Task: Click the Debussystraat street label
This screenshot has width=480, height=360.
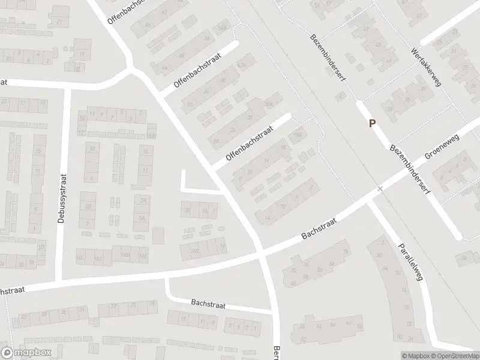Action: pyautogui.click(x=61, y=198)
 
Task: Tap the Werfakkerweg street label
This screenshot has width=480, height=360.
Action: pyautogui.click(x=427, y=67)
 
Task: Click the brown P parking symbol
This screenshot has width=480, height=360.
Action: pyautogui.click(x=373, y=124)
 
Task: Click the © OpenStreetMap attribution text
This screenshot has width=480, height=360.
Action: pyautogui.click(x=454, y=355)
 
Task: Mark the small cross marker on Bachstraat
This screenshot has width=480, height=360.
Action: pyautogui.click(x=379, y=189)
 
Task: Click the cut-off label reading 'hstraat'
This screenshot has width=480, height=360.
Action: pyautogui.click(x=10, y=290)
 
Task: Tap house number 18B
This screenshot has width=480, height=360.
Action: pyautogui.click(x=296, y=135)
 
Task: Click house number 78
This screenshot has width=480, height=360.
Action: pyautogui.click(x=346, y=253)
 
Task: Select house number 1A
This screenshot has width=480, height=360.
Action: pyautogui.click(x=205, y=211)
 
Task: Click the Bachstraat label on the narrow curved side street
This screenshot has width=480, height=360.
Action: pyautogui.click(x=208, y=305)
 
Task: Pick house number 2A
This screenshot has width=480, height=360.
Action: pyautogui.click(x=143, y=200)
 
